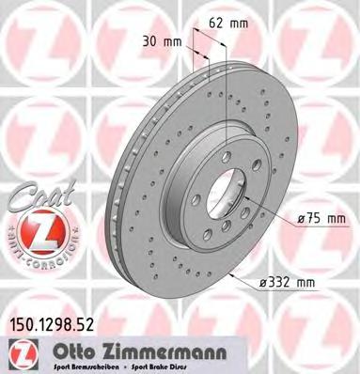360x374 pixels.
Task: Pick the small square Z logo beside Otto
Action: (x=18, y=351)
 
